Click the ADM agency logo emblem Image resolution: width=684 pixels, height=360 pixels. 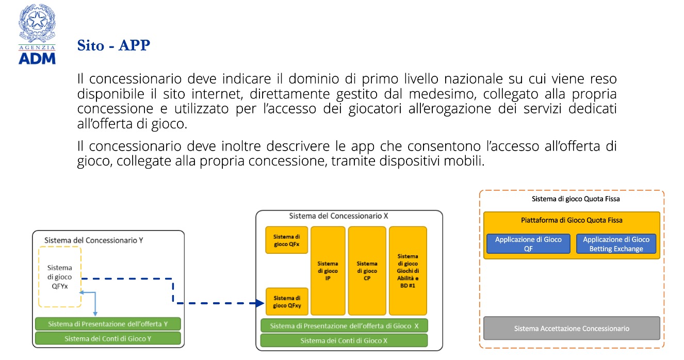tap(37, 34)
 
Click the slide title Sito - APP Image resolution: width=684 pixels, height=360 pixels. tap(113, 45)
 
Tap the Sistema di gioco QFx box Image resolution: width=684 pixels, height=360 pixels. tap(286, 240)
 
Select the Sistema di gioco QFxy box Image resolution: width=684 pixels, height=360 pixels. tap(287, 301)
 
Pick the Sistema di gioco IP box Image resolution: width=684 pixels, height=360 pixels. tap(328, 271)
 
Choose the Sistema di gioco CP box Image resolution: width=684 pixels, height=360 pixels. tap(367, 271)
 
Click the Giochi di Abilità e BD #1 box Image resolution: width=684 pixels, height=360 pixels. tap(408, 271)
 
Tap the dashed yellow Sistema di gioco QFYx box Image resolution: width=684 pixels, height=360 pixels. tap(60, 276)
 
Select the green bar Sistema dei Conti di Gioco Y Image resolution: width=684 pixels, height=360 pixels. tap(108, 338)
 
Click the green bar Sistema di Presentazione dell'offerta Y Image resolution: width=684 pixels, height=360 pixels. tap(108, 324)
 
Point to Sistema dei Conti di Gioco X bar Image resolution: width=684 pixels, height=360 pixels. tap(344, 340)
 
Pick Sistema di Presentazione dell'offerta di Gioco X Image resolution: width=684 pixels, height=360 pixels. tap(344, 326)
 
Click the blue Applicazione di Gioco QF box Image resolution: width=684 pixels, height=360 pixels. tap(528, 243)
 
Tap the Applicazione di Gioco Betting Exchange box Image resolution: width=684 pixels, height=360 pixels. tap(616, 243)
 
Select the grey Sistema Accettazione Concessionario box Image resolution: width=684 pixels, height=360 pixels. tap(572, 328)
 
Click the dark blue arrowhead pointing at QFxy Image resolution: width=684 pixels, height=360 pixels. tap(259, 303)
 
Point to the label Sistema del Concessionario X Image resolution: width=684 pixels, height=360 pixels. tap(338, 216)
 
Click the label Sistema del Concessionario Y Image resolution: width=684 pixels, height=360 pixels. tap(93, 240)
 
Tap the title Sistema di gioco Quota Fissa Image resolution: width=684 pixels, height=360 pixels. tap(576, 199)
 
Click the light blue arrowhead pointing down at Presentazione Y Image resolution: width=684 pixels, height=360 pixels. tap(95, 314)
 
